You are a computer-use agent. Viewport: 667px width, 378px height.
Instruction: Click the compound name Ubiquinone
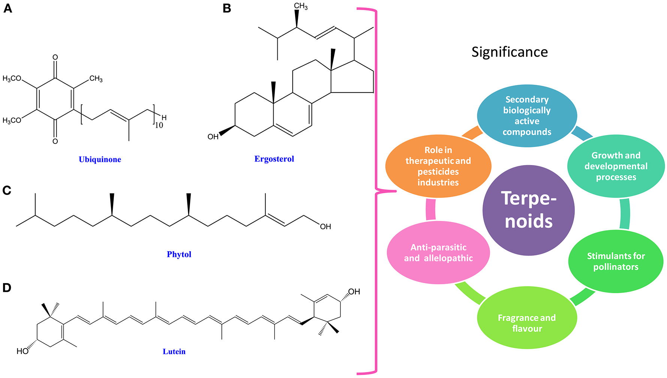[x=100, y=159]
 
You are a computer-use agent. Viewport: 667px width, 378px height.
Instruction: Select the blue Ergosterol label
[x=274, y=159]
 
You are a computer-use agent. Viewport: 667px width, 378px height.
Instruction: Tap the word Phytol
[x=179, y=254]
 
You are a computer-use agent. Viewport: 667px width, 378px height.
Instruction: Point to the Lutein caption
[x=174, y=351]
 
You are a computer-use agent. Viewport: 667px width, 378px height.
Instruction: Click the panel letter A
[x=7, y=8]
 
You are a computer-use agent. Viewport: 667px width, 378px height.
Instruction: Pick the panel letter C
[x=7, y=190]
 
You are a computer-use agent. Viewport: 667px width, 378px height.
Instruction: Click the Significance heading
[x=509, y=52]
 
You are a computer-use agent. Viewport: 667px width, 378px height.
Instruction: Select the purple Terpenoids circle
[x=528, y=210]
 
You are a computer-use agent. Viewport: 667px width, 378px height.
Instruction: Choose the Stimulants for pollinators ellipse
[x=615, y=261]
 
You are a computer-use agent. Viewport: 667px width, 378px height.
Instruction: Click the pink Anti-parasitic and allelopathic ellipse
[x=438, y=253]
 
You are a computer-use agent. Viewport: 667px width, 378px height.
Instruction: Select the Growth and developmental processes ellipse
[x=615, y=166]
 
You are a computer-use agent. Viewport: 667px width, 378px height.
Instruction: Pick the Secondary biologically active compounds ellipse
[x=526, y=115]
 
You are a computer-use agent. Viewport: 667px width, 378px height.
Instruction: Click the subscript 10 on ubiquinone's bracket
[x=159, y=126]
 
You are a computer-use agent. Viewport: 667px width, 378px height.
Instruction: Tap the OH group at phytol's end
[x=325, y=226]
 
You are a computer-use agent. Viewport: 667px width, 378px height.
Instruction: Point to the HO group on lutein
[x=22, y=351]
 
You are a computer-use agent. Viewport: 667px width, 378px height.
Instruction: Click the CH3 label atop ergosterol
[x=301, y=6]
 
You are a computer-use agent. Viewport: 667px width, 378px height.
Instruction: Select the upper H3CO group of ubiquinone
[x=12, y=78]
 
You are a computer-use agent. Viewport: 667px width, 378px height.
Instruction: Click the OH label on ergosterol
[x=213, y=137]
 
